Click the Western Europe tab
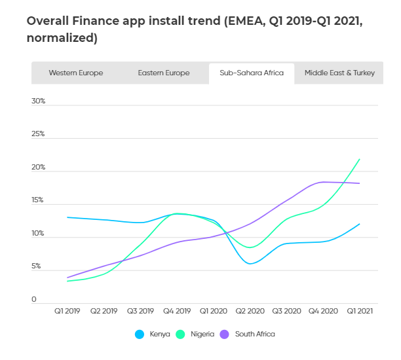click(x=75, y=73)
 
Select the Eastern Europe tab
click(x=163, y=73)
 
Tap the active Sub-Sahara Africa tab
click(x=252, y=73)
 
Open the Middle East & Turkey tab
click(x=339, y=73)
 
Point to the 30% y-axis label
click(x=38, y=101)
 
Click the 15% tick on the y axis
click(x=38, y=200)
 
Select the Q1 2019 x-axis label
click(x=67, y=312)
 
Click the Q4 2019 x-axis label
click(x=176, y=312)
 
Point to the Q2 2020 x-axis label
click(x=250, y=312)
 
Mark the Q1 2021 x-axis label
click(x=359, y=312)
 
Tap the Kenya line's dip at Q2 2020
click(x=250, y=264)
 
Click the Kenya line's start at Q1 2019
click(x=67, y=217)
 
